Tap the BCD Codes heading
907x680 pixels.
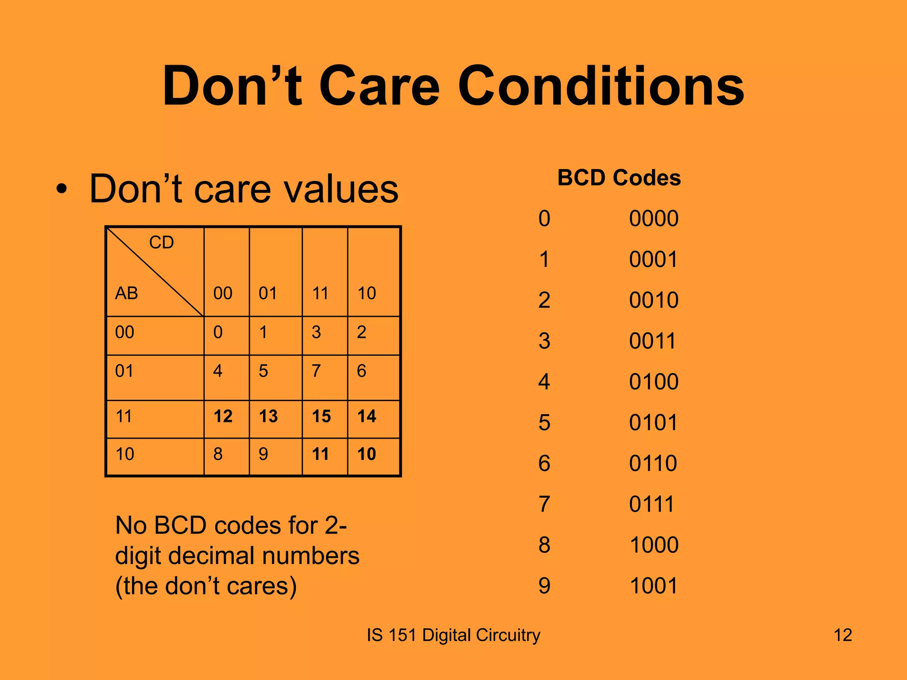pos(619,178)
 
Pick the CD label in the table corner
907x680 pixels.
pos(161,243)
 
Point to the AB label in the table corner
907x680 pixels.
pos(127,293)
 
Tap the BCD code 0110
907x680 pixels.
pos(653,464)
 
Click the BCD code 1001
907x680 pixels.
pos(653,586)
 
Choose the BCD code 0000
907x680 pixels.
pos(653,219)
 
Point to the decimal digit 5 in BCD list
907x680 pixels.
pos(544,423)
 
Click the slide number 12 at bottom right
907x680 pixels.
pos(842,635)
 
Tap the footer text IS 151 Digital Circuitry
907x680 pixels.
pos(453,635)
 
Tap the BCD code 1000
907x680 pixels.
pos(653,545)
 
